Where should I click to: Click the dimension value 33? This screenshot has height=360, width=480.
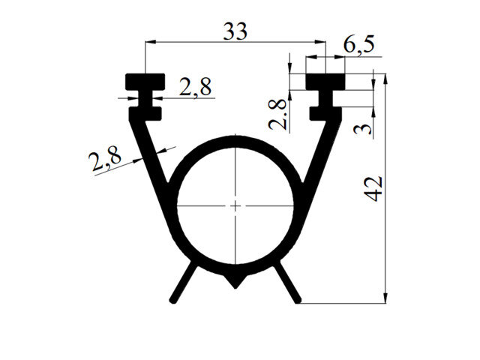[235, 31]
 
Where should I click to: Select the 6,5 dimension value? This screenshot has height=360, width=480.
[358, 45]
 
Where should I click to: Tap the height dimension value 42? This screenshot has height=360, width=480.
[374, 188]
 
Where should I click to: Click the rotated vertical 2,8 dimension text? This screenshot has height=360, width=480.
[277, 115]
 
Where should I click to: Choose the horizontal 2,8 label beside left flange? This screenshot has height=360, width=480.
[195, 87]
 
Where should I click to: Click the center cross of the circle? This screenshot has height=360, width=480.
[235, 205]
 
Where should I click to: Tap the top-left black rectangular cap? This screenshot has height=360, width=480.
[145, 82]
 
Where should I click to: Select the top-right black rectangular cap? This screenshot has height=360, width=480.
[325, 82]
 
